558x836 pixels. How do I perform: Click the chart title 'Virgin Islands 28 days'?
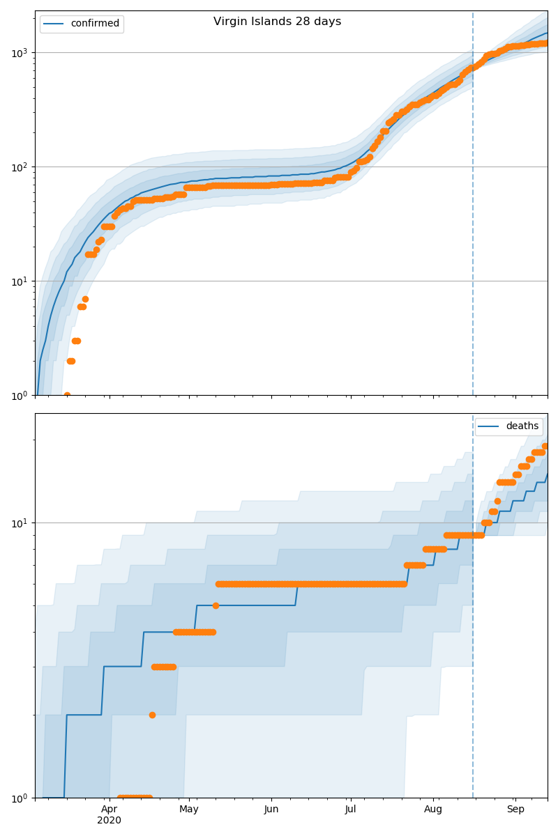pos(277,22)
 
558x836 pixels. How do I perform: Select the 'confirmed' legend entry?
pos(95,24)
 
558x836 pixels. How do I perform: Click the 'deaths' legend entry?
pos(522,426)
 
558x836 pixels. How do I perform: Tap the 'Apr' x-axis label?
pos(109,809)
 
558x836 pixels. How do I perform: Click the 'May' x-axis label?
pos(189,809)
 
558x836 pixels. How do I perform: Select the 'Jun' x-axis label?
pos(271,809)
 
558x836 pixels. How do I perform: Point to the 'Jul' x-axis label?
pos(350,809)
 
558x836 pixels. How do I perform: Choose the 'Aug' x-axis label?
pos(433,809)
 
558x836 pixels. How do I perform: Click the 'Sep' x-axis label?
pos(515,809)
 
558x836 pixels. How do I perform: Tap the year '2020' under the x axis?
pos(109,821)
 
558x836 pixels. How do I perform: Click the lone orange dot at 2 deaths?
pos(152,715)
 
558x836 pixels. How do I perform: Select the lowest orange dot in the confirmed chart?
pos(67,395)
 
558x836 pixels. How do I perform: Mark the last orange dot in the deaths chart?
pos(545,446)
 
